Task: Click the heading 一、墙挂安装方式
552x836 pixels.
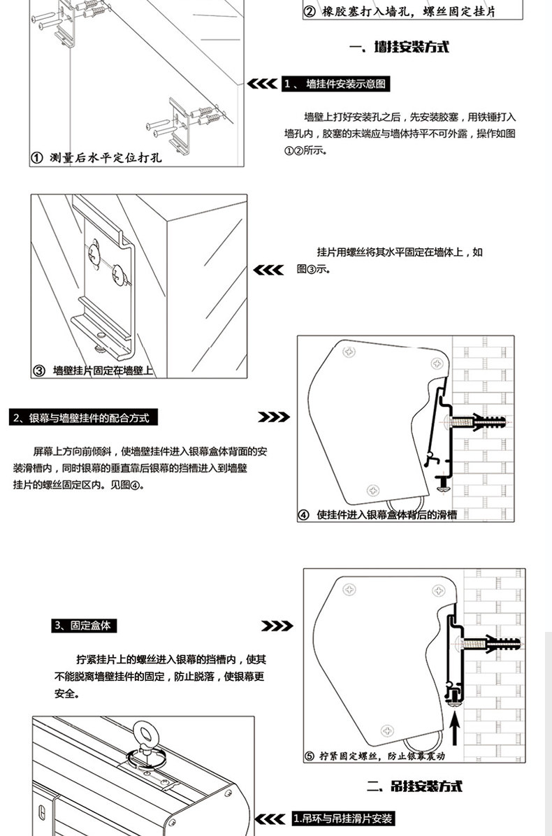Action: [x=399, y=48]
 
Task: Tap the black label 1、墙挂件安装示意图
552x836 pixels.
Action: [x=335, y=85]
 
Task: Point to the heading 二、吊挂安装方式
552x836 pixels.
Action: [x=416, y=787]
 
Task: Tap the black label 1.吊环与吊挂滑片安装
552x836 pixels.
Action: [x=343, y=819]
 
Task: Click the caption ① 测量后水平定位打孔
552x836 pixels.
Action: [x=98, y=157]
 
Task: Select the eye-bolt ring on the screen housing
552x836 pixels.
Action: [x=147, y=737]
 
